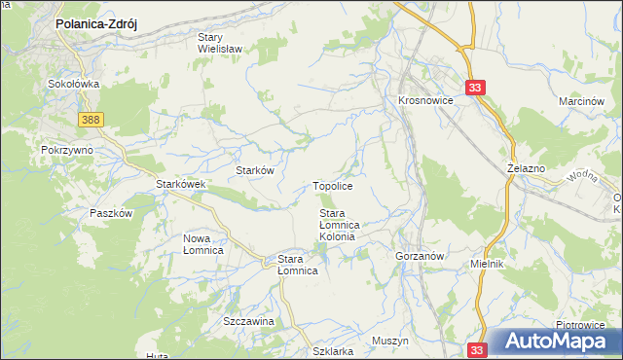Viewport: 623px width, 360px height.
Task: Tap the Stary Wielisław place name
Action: tap(220, 41)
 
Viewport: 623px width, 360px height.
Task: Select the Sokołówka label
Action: tap(74, 85)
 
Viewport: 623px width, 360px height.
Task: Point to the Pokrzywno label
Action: tap(66, 151)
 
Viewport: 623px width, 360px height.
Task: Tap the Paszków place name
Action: tap(110, 213)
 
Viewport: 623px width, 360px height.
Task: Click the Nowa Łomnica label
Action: tap(203, 244)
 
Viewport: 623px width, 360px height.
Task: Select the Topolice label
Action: tap(332, 185)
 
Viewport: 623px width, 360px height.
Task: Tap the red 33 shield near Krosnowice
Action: tap(475, 88)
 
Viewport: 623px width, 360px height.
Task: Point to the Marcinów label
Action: tap(584, 101)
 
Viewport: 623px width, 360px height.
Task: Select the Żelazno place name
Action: tap(526, 168)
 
